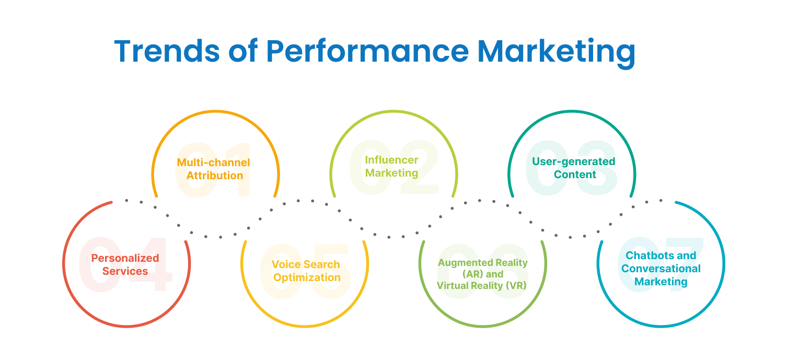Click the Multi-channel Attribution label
214,169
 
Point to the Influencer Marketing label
391,166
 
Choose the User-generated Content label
574,168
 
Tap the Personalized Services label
125,264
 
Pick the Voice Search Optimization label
306,271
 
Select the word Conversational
661,269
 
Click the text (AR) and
483,274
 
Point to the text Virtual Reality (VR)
482,286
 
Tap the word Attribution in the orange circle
215,176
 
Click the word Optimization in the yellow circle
307,277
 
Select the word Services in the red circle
125,271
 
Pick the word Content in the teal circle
575,175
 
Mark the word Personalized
125,258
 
